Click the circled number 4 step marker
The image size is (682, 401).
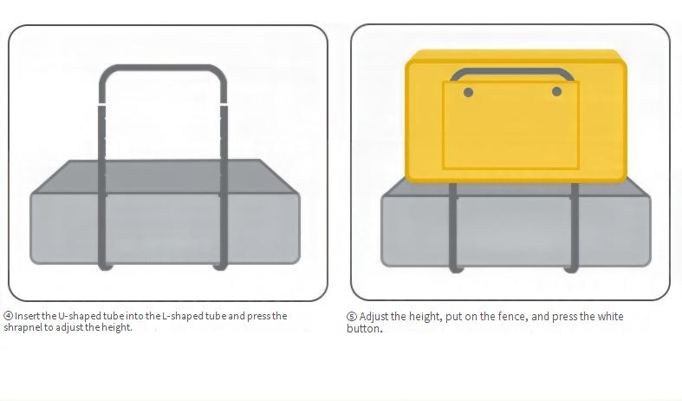(x=9, y=316)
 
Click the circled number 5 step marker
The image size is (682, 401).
(x=352, y=317)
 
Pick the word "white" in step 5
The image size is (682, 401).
(x=610, y=317)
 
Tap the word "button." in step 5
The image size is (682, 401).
(x=365, y=329)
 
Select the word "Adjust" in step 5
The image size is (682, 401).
(x=373, y=317)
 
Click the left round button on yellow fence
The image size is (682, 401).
(x=469, y=92)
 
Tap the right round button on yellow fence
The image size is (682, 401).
(x=556, y=91)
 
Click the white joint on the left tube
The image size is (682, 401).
(x=101, y=104)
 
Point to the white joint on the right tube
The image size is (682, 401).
(x=224, y=104)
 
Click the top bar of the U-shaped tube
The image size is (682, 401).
(x=163, y=68)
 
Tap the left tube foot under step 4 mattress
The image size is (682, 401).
(x=104, y=266)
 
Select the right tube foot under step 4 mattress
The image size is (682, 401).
(x=220, y=266)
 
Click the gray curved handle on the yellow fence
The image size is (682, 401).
(x=512, y=71)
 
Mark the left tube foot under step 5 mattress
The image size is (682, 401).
(x=456, y=269)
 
